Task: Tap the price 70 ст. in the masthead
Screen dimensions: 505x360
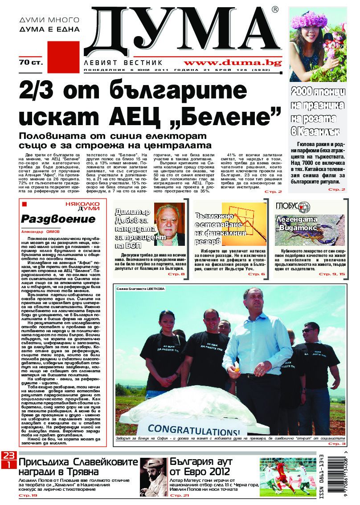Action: pos(31,62)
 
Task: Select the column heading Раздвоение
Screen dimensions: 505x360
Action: pos(58,219)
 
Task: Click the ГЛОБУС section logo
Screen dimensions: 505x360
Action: pos(292,206)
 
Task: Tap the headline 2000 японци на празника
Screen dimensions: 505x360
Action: pos(318,98)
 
